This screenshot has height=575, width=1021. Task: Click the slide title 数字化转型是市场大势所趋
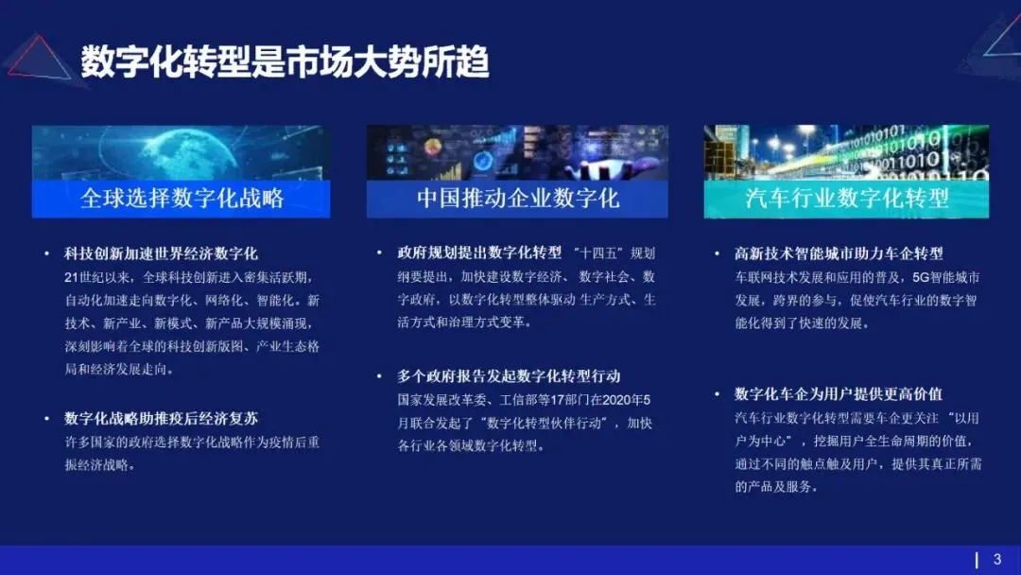tap(285, 61)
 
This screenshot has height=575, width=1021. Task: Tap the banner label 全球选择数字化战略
tap(182, 199)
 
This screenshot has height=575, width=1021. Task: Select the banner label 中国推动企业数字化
tap(517, 199)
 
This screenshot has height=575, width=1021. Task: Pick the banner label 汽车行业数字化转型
tap(847, 199)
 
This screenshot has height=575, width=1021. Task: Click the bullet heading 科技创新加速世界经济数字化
tap(161, 253)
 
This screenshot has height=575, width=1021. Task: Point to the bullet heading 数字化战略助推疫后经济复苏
tap(161, 418)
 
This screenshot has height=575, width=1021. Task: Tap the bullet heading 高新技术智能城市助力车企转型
tap(839, 253)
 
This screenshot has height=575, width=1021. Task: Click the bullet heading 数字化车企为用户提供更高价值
tap(839, 394)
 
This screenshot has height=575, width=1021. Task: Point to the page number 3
tap(996, 559)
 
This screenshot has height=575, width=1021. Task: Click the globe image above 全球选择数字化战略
tap(182, 152)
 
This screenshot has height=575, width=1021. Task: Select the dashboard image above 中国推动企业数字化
tap(517, 152)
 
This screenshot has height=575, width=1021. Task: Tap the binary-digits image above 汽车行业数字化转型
tap(847, 152)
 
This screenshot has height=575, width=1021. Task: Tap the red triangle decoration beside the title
tap(40, 59)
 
